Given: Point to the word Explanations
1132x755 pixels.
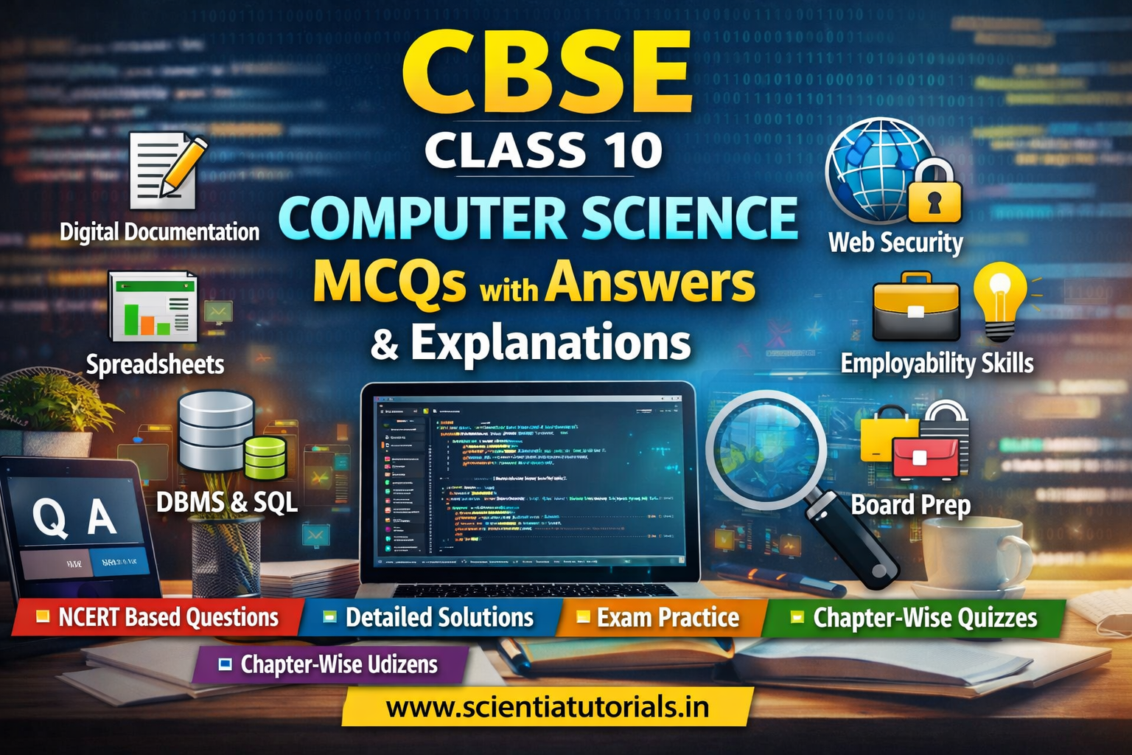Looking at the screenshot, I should click(x=551, y=343).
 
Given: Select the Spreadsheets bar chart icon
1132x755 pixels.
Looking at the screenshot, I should click(x=153, y=306).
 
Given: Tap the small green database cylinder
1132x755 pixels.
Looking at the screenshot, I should click(x=265, y=458).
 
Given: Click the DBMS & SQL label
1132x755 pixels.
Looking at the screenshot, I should click(x=227, y=502).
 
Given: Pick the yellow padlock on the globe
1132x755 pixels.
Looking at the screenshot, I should click(x=934, y=193).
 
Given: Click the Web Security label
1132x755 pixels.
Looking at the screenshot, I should click(x=895, y=243).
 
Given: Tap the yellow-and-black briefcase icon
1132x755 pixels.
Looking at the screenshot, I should click(x=916, y=307).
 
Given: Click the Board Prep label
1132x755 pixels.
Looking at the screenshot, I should click(x=911, y=506).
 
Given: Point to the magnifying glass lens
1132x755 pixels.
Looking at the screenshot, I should click(x=766, y=450).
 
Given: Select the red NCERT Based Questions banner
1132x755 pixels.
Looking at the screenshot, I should click(x=159, y=617).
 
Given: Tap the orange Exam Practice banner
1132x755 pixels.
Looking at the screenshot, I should click(x=660, y=618).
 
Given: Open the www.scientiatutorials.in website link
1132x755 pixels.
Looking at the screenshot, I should click(x=547, y=707).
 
